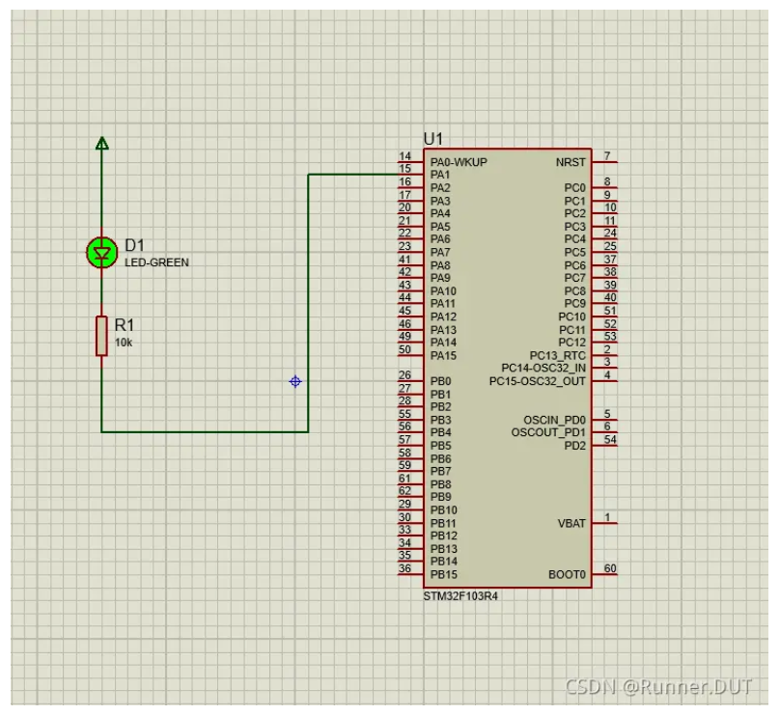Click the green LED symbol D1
102,253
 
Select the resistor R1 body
101,336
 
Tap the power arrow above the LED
102,143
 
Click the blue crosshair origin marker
295,381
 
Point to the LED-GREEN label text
156,262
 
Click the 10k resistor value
124,343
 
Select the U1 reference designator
433,139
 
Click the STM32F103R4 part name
460,596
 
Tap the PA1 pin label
440,175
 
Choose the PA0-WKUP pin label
459,162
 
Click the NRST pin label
571,163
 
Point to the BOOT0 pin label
567,575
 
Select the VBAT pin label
571,524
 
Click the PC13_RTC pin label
558,355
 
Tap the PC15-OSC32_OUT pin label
538,381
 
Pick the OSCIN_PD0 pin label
554,420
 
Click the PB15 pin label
444,575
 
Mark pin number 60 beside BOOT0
610,568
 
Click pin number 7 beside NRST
607,156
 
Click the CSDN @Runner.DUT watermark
658,687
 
